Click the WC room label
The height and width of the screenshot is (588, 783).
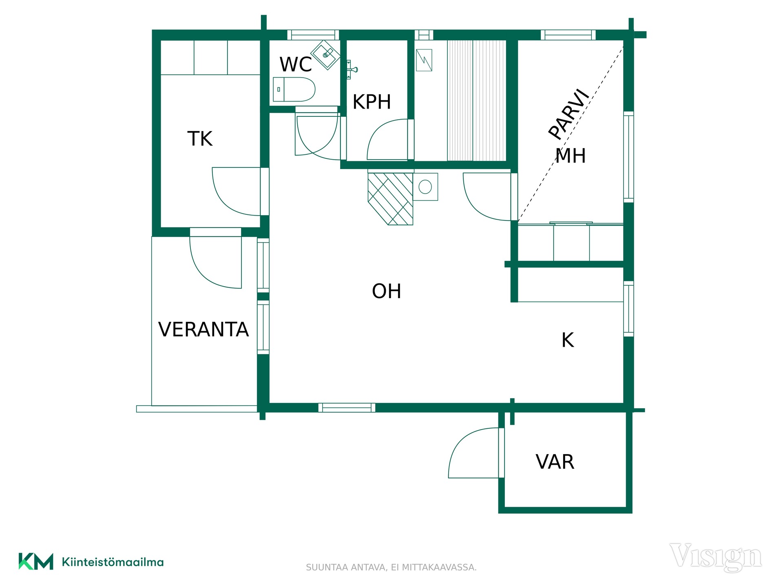point(295,64)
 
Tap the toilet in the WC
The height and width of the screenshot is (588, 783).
point(294,89)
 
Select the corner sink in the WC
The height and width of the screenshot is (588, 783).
point(325,55)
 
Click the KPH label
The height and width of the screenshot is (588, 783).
point(372,102)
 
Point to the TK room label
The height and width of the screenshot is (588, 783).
point(200,138)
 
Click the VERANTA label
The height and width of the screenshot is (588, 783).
point(203,329)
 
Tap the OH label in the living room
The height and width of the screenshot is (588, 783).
point(387,291)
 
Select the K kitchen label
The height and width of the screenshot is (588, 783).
point(568,340)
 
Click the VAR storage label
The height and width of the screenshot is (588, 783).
point(555,462)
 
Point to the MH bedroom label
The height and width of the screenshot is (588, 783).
point(571,156)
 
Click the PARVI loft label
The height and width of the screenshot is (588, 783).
point(568,114)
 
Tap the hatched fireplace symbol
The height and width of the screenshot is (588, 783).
point(390,199)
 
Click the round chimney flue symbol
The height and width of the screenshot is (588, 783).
point(425,187)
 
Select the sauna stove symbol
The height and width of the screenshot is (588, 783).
point(424,60)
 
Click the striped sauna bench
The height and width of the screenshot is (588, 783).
point(477,100)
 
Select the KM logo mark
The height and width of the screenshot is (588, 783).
point(36,561)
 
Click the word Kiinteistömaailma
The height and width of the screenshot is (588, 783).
point(113,562)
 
